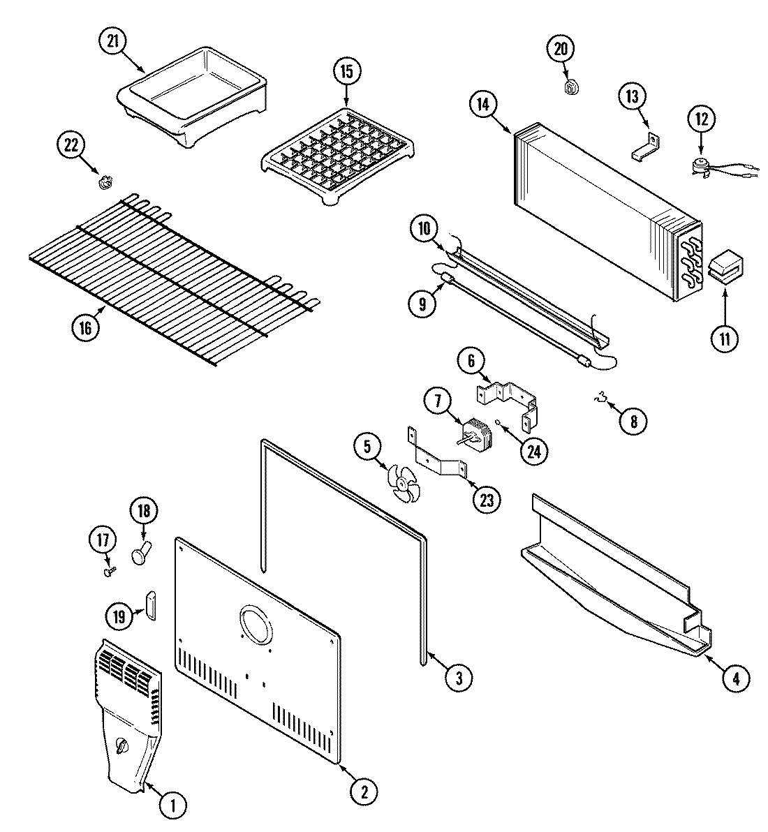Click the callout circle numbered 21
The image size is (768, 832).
pos(112,42)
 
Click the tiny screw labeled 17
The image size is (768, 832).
pos(109,571)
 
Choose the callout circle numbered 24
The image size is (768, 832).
pos(533,452)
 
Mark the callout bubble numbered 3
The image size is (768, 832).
pos(458,677)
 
